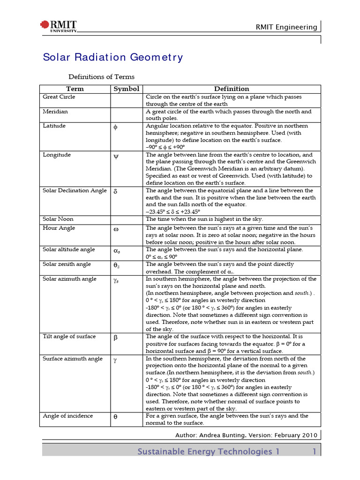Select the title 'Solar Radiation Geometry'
click(113, 57)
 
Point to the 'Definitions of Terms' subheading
click(102, 76)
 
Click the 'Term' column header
click(75, 89)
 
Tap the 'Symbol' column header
click(127, 89)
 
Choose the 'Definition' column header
click(232, 89)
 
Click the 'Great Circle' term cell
click(59, 97)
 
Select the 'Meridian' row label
click(55, 112)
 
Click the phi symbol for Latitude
click(116, 127)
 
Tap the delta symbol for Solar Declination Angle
click(116, 192)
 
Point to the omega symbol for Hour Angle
click(116, 229)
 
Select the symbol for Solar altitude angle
click(117, 251)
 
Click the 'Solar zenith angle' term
click(67, 264)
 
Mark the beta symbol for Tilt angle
click(116, 337)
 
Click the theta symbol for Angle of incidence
click(116, 417)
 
